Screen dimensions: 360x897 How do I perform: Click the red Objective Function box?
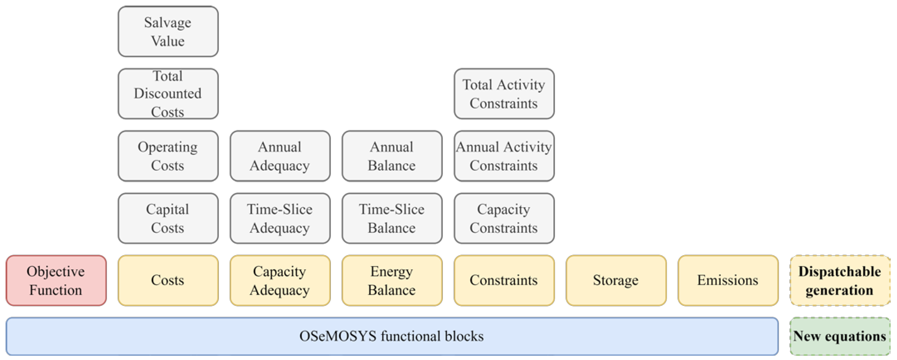(56, 281)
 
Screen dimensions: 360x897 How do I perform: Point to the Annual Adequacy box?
(280, 156)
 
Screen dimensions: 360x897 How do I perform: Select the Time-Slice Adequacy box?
(280, 218)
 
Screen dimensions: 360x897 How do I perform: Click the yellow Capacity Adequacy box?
(280, 281)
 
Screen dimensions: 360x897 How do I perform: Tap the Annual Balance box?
(392, 156)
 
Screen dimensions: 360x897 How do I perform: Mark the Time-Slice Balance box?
(392, 218)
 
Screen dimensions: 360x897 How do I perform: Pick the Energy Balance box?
(392, 281)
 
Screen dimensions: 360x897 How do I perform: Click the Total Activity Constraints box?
(504, 94)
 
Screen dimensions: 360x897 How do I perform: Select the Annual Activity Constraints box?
(504, 156)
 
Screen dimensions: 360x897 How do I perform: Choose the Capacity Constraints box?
(504, 218)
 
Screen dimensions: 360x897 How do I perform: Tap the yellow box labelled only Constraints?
(504, 281)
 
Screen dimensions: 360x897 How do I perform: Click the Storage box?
(616, 281)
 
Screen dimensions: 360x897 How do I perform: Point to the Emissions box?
(728, 281)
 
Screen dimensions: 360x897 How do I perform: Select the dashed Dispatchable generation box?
(840, 281)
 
